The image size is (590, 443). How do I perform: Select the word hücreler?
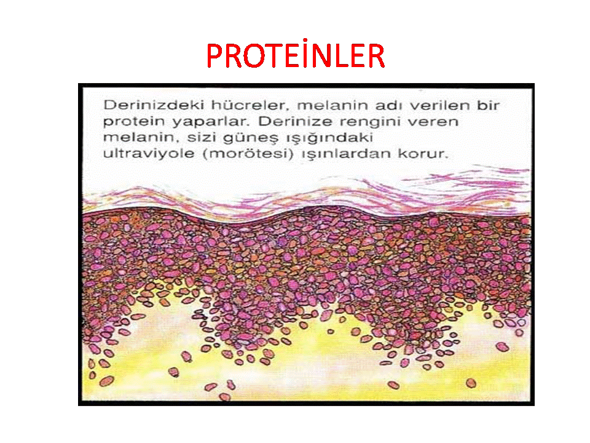[x=249, y=105]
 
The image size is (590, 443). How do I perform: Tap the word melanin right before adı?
[x=332, y=105]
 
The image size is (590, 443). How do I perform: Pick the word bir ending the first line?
[x=488, y=105]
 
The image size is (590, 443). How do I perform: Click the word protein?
[x=134, y=122]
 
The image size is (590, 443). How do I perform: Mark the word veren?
[x=433, y=122]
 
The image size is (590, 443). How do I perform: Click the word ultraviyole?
[x=148, y=153]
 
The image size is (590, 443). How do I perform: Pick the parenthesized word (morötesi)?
[x=248, y=154]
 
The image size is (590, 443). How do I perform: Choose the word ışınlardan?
[x=345, y=154]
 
